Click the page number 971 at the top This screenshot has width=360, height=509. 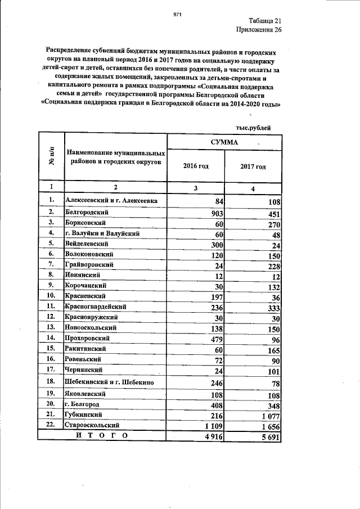coord(178,14)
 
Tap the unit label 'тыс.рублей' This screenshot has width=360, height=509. coord(253,128)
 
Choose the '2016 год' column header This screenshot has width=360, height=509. coord(196,166)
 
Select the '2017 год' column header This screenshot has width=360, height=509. coord(253,166)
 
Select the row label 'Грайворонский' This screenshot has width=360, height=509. coord(90,264)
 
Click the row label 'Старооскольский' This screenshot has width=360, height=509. coord(93,426)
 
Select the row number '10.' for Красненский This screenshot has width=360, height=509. coord(51,295)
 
